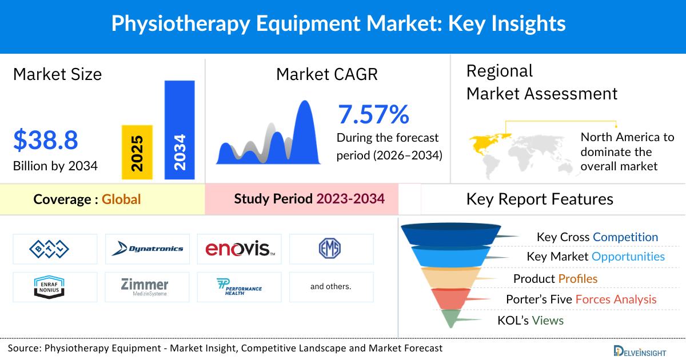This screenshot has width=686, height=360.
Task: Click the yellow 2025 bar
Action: click(x=137, y=152)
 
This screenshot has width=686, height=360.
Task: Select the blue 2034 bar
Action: click(x=180, y=130)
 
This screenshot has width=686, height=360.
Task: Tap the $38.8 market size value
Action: click(x=46, y=139)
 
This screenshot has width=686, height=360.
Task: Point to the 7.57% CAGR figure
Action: click(x=374, y=114)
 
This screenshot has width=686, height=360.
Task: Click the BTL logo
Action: click(x=49, y=249)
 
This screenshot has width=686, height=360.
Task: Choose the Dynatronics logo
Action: click(x=147, y=249)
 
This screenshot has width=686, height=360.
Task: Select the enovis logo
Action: click(x=240, y=249)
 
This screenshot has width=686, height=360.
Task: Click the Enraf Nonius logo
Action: click(x=49, y=286)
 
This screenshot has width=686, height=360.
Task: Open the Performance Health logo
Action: click(x=240, y=286)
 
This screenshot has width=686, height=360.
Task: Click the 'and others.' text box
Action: click(x=331, y=286)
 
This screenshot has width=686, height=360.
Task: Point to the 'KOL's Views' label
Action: click(x=530, y=321)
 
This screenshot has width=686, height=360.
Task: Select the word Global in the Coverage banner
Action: click(x=121, y=199)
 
